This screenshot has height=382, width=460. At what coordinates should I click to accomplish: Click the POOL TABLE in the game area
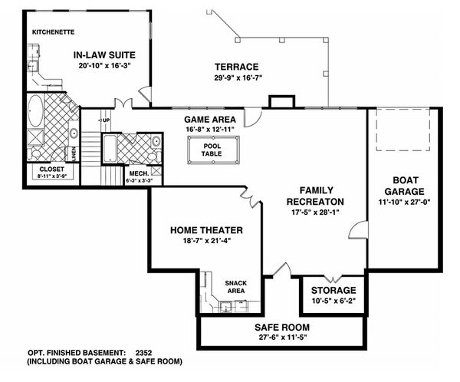tap(213, 150)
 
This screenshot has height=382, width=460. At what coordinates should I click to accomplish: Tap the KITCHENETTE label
tap(53, 32)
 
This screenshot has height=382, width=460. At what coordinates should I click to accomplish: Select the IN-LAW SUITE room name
tap(104, 55)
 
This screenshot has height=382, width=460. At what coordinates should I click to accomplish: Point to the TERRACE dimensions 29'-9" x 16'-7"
tap(238, 77)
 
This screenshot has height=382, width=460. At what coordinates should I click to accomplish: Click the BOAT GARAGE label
tap(405, 186)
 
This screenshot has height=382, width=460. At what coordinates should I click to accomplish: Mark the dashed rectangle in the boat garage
tap(403, 130)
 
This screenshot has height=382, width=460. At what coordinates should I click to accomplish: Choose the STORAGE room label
tap(333, 290)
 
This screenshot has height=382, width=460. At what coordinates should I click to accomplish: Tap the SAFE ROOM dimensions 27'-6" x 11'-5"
tap(282, 338)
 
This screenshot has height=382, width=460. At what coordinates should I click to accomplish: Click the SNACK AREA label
tap(236, 287)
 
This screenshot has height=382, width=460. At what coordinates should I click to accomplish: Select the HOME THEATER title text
tap(206, 230)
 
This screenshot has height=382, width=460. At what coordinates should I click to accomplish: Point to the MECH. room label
tap(139, 173)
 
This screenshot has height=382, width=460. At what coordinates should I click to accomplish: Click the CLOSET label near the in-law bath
tap(51, 169)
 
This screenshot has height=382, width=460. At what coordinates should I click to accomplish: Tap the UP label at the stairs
tap(107, 120)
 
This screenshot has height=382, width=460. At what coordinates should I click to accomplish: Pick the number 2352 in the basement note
tap(144, 352)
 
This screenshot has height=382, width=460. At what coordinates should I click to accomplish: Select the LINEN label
tap(74, 153)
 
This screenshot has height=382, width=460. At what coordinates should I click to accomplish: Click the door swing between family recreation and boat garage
tap(358, 230)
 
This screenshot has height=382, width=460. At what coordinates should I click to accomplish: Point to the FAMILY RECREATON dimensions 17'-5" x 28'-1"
tap(315, 212)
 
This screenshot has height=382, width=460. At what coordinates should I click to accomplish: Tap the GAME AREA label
tap(210, 120)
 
